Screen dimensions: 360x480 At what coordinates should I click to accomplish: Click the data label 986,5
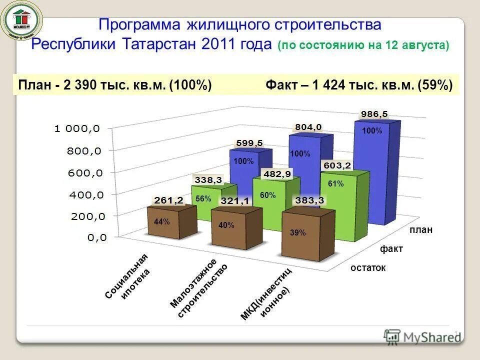[x=374, y=114]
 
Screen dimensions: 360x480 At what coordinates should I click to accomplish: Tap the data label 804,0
[x=308, y=127]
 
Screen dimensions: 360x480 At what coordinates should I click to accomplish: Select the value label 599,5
[x=248, y=143]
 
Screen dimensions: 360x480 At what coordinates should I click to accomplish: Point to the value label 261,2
[x=168, y=200]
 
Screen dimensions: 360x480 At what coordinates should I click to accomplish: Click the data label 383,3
[x=308, y=200]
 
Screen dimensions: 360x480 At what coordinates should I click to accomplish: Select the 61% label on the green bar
[x=335, y=184]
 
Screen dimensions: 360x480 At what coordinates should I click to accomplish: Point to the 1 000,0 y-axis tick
[x=77, y=128]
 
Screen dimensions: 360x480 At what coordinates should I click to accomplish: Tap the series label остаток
[x=368, y=268]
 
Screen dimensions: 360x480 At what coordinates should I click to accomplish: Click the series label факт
[x=391, y=248]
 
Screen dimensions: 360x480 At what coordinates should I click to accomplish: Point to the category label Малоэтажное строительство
[x=198, y=287]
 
